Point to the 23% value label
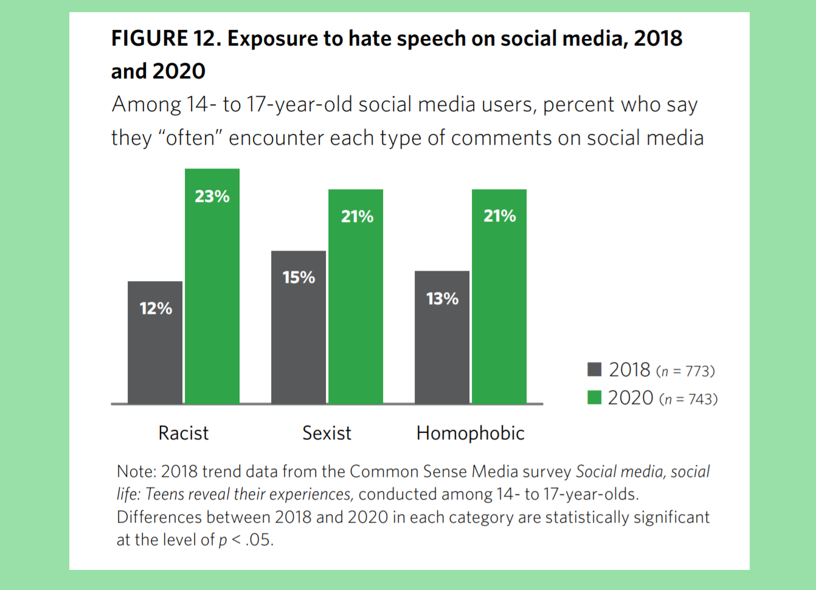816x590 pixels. coord(212,196)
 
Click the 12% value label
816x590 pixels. coord(156,308)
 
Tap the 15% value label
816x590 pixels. coord(299,277)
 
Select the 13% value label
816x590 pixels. coord(442,299)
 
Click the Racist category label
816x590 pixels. coord(183,433)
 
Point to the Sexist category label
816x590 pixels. coord(327,433)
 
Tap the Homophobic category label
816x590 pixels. coord(470,433)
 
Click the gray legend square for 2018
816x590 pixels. coord(594,369)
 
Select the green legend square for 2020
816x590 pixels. coord(594,398)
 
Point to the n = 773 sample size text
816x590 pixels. coord(685,371)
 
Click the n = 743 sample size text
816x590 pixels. coord(688,400)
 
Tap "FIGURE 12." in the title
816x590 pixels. coord(165,38)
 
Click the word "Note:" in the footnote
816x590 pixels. coord(137,471)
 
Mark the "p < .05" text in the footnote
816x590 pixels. coord(246,540)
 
